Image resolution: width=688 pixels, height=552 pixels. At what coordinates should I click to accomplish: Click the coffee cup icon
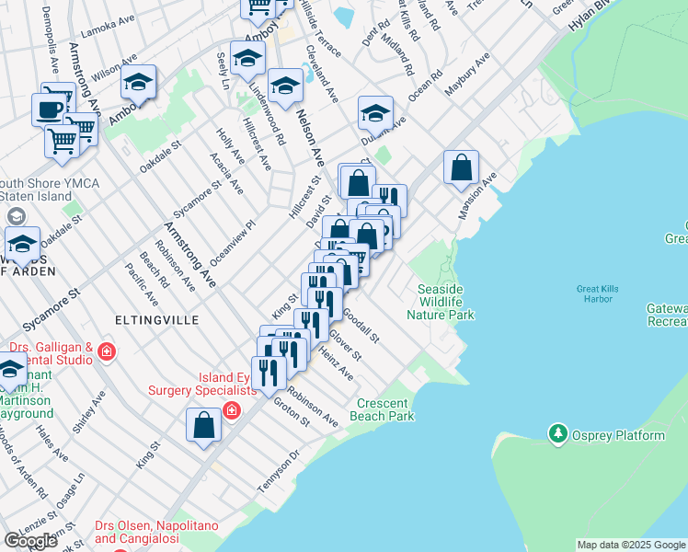tap(49, 109)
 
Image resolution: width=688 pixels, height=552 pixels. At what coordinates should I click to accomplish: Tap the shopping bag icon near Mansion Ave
tap(462, 167)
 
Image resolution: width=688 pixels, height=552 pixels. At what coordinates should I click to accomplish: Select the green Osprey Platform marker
tap(556, 432)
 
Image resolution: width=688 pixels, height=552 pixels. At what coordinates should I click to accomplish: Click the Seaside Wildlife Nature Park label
tap(446, 302)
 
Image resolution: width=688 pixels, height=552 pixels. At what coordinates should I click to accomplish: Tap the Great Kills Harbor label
tap(601, 293)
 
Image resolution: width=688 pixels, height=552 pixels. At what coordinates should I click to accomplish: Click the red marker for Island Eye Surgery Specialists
tap(233, 408)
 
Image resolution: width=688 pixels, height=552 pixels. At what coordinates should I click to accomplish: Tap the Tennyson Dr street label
tap(280, 470)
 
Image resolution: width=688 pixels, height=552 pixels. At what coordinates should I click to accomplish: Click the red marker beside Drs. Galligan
tap(108, 351)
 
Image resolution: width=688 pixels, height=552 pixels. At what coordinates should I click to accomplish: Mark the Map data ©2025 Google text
tap(631, 545)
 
